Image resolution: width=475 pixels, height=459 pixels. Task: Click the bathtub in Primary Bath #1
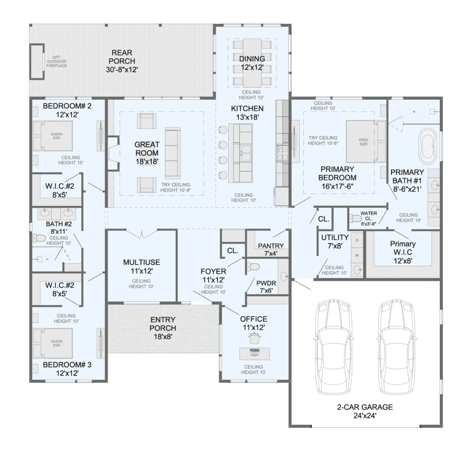pos(427,147)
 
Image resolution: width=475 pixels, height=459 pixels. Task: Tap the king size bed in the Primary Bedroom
pos(366,141)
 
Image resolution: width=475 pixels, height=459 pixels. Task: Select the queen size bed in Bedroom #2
pos(53,136)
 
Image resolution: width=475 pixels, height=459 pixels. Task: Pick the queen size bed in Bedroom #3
pos(53,343)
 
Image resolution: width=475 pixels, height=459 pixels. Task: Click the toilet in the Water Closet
pos(355,218)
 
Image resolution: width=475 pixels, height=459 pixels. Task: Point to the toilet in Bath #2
pos(39,238)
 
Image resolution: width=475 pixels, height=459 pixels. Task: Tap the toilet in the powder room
pos(253,267)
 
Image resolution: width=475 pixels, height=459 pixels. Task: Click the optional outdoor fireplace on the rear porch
pos(37,62)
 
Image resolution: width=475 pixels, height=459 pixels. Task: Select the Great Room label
pos(147,153)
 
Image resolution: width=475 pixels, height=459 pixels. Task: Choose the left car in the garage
pos(333,347)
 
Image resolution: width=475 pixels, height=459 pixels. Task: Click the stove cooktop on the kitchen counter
pos(282,153)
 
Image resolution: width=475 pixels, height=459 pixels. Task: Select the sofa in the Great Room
pos(173,153)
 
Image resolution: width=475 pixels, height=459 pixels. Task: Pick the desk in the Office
pos(255,354)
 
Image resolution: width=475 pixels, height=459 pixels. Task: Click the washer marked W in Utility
pos(357,255)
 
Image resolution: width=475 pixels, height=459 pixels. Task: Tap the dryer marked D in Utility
pos(357,241)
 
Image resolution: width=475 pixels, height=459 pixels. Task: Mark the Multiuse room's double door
pos(142,234)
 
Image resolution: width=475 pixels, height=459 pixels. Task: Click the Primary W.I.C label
pos(403,252)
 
